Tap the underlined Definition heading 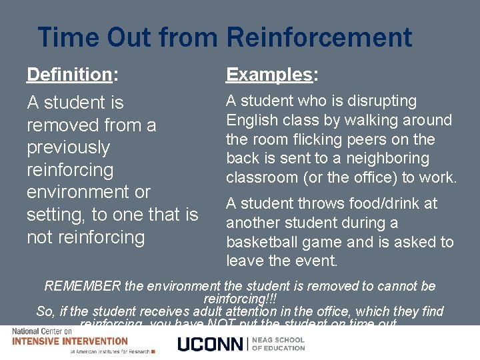[x=69, y=74]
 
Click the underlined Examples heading [x=269, y=75]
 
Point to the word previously [x=68, y=147]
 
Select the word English [x=251, y=121]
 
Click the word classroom [x=262, y=178]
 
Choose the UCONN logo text [x=211, y=344]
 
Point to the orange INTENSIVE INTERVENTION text [x=70, y=341]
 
